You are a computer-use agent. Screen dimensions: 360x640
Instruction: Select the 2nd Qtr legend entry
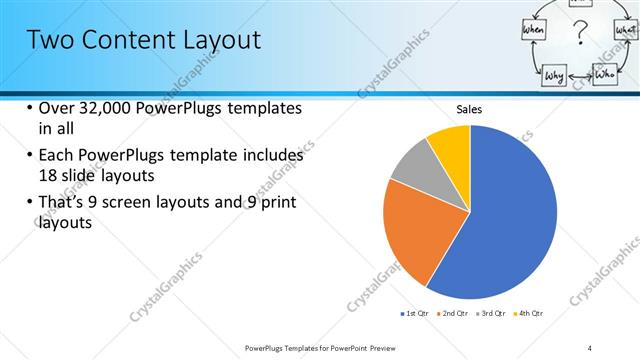(x=452, y=314)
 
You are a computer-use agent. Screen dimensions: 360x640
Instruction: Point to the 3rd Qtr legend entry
(x=490, y=314)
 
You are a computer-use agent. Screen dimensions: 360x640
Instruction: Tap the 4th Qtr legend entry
(x=527, y=314)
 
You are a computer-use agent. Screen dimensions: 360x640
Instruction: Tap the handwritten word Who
(x=605, y=74)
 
